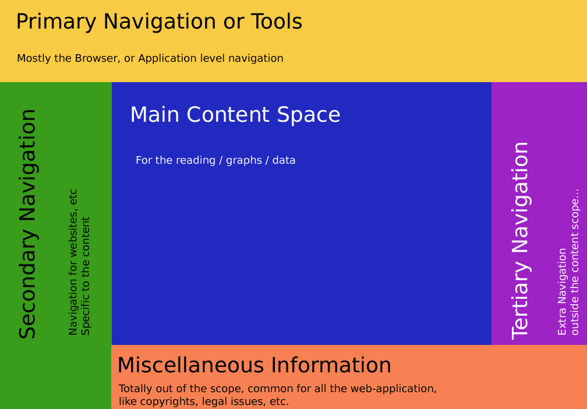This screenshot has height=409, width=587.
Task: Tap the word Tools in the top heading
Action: [277, 22]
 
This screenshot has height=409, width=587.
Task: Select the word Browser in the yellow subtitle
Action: [97, 58]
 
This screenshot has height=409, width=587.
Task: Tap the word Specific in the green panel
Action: [86, 313]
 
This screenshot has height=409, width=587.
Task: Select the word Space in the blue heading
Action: [309, 115]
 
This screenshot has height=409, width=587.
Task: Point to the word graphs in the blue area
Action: [244, 161]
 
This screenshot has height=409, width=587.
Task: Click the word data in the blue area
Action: [284, 160]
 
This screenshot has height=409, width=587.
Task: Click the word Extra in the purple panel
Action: [562, 323]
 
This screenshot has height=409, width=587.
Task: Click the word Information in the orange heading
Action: [331, 365]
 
